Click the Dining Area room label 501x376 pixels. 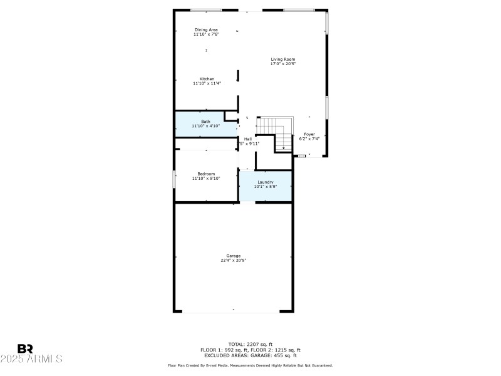click(206, 29)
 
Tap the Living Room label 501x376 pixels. click(282, 59)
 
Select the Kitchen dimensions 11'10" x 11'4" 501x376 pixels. click(207, 83)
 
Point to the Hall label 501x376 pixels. click(248, 138)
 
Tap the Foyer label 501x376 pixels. click(309, 134)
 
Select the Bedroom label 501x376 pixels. click(206, 174)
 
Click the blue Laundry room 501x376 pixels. click(266, 184)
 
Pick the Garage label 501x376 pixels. click(233, 255)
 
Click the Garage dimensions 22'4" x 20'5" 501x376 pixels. click(233, 260)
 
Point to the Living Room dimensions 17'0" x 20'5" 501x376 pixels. click(282, 64)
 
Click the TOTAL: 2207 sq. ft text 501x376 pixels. click(250, 344)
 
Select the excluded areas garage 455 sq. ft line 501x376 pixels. click(250, 355)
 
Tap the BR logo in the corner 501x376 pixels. click(25, 348)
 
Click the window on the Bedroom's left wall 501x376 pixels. click(174, 178)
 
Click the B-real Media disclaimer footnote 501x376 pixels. click(250, 365)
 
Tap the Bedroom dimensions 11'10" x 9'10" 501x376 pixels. click(206, 179)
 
